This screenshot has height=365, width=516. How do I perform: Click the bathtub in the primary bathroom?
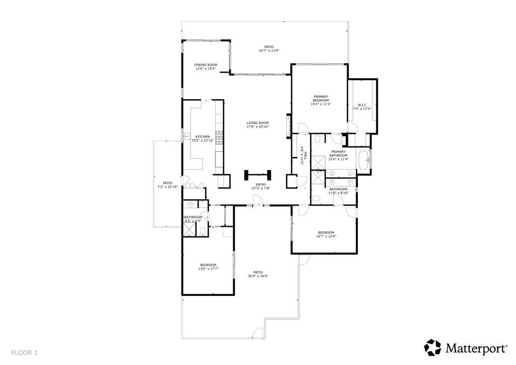click(364, 160)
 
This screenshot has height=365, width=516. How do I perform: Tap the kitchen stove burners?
click(219, 138)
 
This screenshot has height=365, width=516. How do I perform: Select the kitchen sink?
click(186, 136)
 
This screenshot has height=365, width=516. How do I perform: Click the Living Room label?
click(257, 123)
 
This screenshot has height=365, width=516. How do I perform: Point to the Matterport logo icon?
click(433, 347)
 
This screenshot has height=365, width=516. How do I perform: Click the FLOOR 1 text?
click(24, 352)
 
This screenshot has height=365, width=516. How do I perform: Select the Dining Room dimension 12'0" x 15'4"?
click(206, 69)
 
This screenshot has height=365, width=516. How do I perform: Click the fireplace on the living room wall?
click(288, 126)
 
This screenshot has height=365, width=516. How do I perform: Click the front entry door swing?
click(259, 201)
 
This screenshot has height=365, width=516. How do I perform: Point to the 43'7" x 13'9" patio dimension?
click(269, 50)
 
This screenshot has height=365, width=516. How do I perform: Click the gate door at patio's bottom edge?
click(257, 333)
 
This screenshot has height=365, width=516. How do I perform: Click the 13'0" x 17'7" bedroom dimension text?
click(208, 269)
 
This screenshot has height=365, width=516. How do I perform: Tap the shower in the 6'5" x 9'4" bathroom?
click(189, 229)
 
